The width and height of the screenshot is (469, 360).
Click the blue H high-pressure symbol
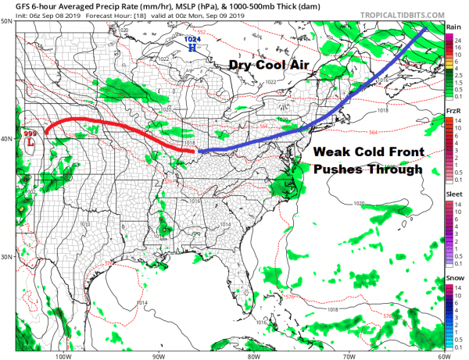tap(192, 47)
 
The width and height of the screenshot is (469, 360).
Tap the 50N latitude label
tap(7, 21)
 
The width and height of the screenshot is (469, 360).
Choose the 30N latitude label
tap(7, 257)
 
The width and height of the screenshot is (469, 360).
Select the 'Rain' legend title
tap(453, 27)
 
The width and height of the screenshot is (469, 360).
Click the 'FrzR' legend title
tap(453, 112)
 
